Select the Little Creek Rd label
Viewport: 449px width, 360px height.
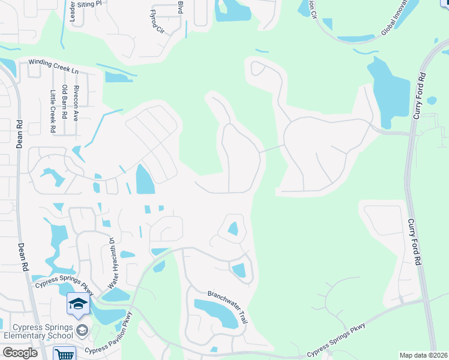[x=53, y=111]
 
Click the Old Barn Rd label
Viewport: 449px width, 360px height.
[x=64, y=101]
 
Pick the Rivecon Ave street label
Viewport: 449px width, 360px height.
[x=76, y=104]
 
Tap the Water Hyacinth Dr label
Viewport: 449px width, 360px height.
[x=112, y=263]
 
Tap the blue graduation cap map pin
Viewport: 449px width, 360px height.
[x=78, y=305]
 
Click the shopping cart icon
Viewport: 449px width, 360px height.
[x=64, y=354]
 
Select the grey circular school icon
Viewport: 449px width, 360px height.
[x=82, y=331]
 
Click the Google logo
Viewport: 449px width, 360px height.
[x=20, y=353]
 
